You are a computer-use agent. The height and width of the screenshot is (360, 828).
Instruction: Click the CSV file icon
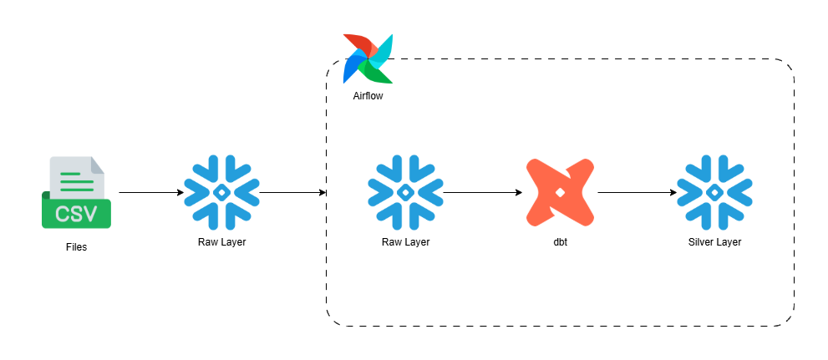coord(76,193)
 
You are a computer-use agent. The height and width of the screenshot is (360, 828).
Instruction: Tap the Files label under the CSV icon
coord(76,247)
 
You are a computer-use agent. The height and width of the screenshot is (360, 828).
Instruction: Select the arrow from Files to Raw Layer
coord(150,193)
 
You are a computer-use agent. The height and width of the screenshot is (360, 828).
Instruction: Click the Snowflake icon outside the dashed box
coord(221,193)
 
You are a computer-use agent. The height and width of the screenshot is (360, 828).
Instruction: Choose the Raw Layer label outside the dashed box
coord(221,242)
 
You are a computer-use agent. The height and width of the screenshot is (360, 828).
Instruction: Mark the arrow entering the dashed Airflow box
coord(292,193)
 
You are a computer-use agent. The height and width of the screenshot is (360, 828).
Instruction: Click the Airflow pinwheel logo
coord(368,58)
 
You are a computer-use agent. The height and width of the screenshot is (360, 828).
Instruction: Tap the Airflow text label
coord(368,97)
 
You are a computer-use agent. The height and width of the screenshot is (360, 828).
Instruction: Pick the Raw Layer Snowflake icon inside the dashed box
coord(405,193)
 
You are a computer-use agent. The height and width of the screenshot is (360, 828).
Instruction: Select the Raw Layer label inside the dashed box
coord(405,242)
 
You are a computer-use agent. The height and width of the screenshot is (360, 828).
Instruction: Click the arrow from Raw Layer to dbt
coord(482,193)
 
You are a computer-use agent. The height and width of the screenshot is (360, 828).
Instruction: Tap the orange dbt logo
coord(560,193)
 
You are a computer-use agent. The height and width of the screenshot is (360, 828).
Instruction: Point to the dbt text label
coord(560,242)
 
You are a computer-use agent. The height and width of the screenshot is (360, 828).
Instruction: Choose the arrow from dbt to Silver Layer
coord(637,193)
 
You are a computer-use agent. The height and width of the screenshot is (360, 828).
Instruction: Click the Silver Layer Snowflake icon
coord(714,193)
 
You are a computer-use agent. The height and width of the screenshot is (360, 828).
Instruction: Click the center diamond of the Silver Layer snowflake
coord(714,193)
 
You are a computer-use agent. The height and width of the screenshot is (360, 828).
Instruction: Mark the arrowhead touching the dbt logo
coord(518,193)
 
